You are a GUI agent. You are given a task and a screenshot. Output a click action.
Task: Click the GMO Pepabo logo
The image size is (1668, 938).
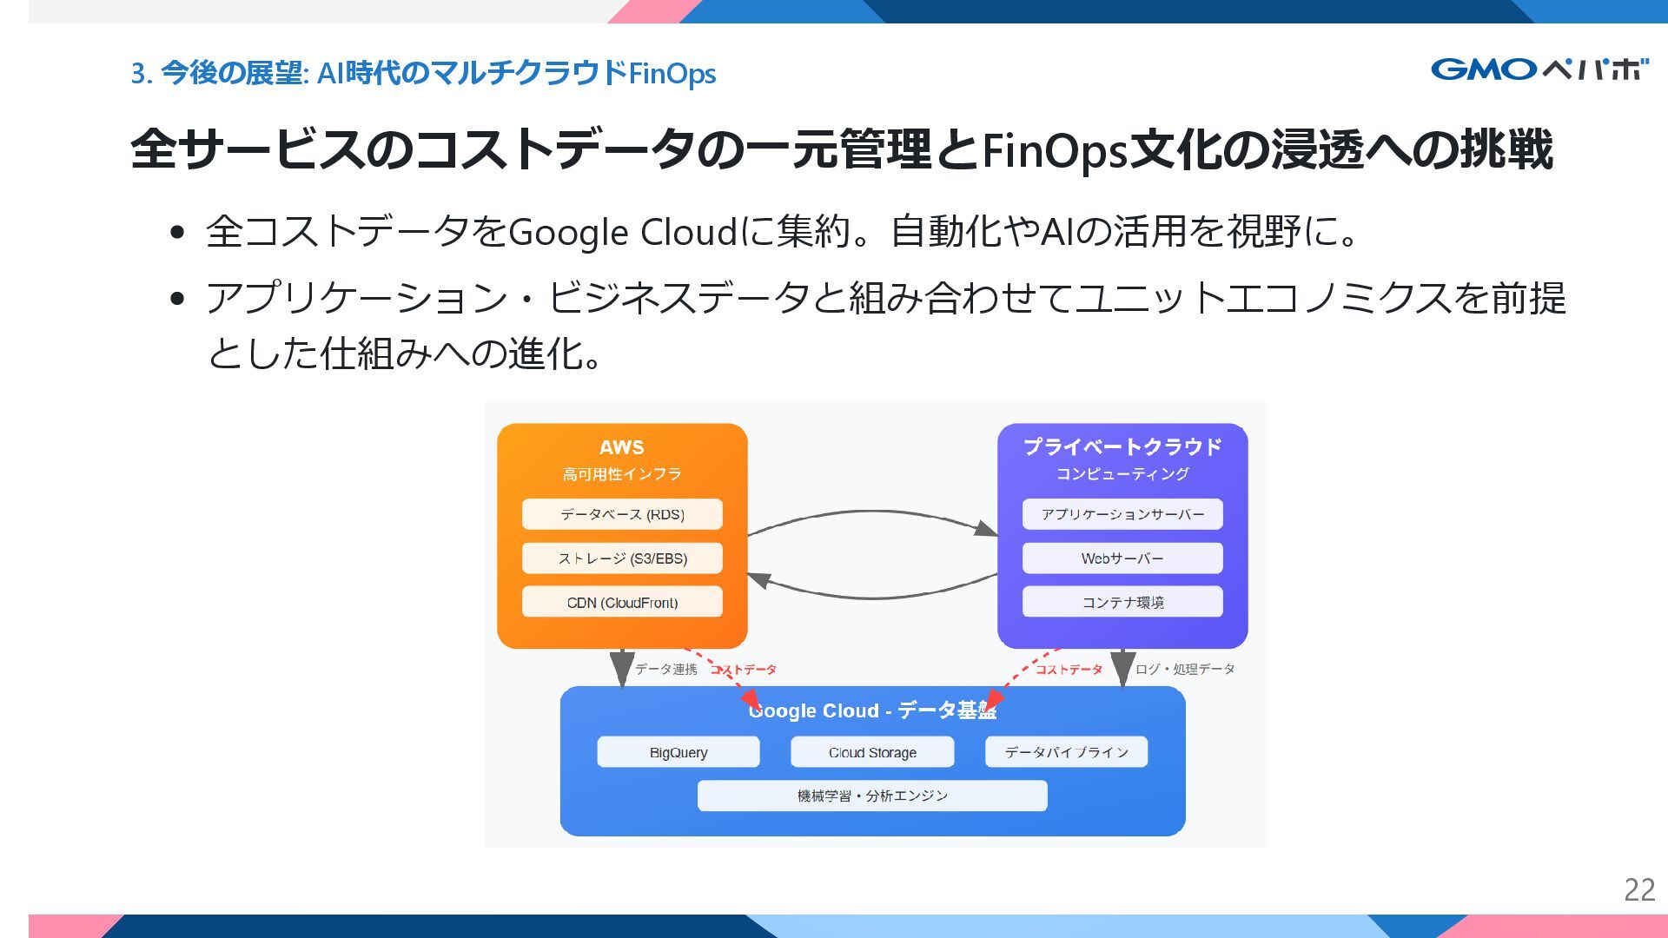1539,69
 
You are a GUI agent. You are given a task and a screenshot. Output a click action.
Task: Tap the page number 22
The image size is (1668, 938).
1639,890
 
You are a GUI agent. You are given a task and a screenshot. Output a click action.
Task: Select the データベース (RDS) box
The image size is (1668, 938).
622,514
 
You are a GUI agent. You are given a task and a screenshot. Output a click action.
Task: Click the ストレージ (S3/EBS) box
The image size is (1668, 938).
622,558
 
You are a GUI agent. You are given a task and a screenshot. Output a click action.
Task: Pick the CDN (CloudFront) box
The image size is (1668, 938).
622,602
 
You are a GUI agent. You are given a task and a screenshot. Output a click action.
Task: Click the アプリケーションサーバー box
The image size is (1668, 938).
1122,514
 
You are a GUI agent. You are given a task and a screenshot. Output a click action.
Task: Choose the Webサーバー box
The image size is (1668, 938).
1122,558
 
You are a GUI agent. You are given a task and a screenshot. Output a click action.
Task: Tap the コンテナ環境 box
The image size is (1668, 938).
1122,602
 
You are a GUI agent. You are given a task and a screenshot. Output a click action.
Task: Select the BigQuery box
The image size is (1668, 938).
678,752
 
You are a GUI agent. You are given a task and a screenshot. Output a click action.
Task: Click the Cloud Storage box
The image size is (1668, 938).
872,752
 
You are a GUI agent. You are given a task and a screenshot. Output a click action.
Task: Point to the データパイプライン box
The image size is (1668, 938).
1066,752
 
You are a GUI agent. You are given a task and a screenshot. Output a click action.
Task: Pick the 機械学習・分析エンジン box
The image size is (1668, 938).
872,796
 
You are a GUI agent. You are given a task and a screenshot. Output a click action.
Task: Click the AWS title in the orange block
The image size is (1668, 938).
622,447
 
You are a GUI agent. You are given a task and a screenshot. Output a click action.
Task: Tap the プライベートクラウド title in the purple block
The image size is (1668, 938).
1122,446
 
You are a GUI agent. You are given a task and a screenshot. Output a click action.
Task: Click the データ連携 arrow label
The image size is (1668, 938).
666,669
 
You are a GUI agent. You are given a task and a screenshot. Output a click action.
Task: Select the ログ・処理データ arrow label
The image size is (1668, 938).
1185,669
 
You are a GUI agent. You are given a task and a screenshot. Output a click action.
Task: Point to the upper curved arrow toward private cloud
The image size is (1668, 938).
872,512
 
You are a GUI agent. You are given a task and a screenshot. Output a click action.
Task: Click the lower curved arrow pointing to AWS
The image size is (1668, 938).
872,597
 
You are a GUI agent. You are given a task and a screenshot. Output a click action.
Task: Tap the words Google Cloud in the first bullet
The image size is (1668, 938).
622,232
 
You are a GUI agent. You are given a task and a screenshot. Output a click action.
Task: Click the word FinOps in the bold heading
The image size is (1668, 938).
1054,150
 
